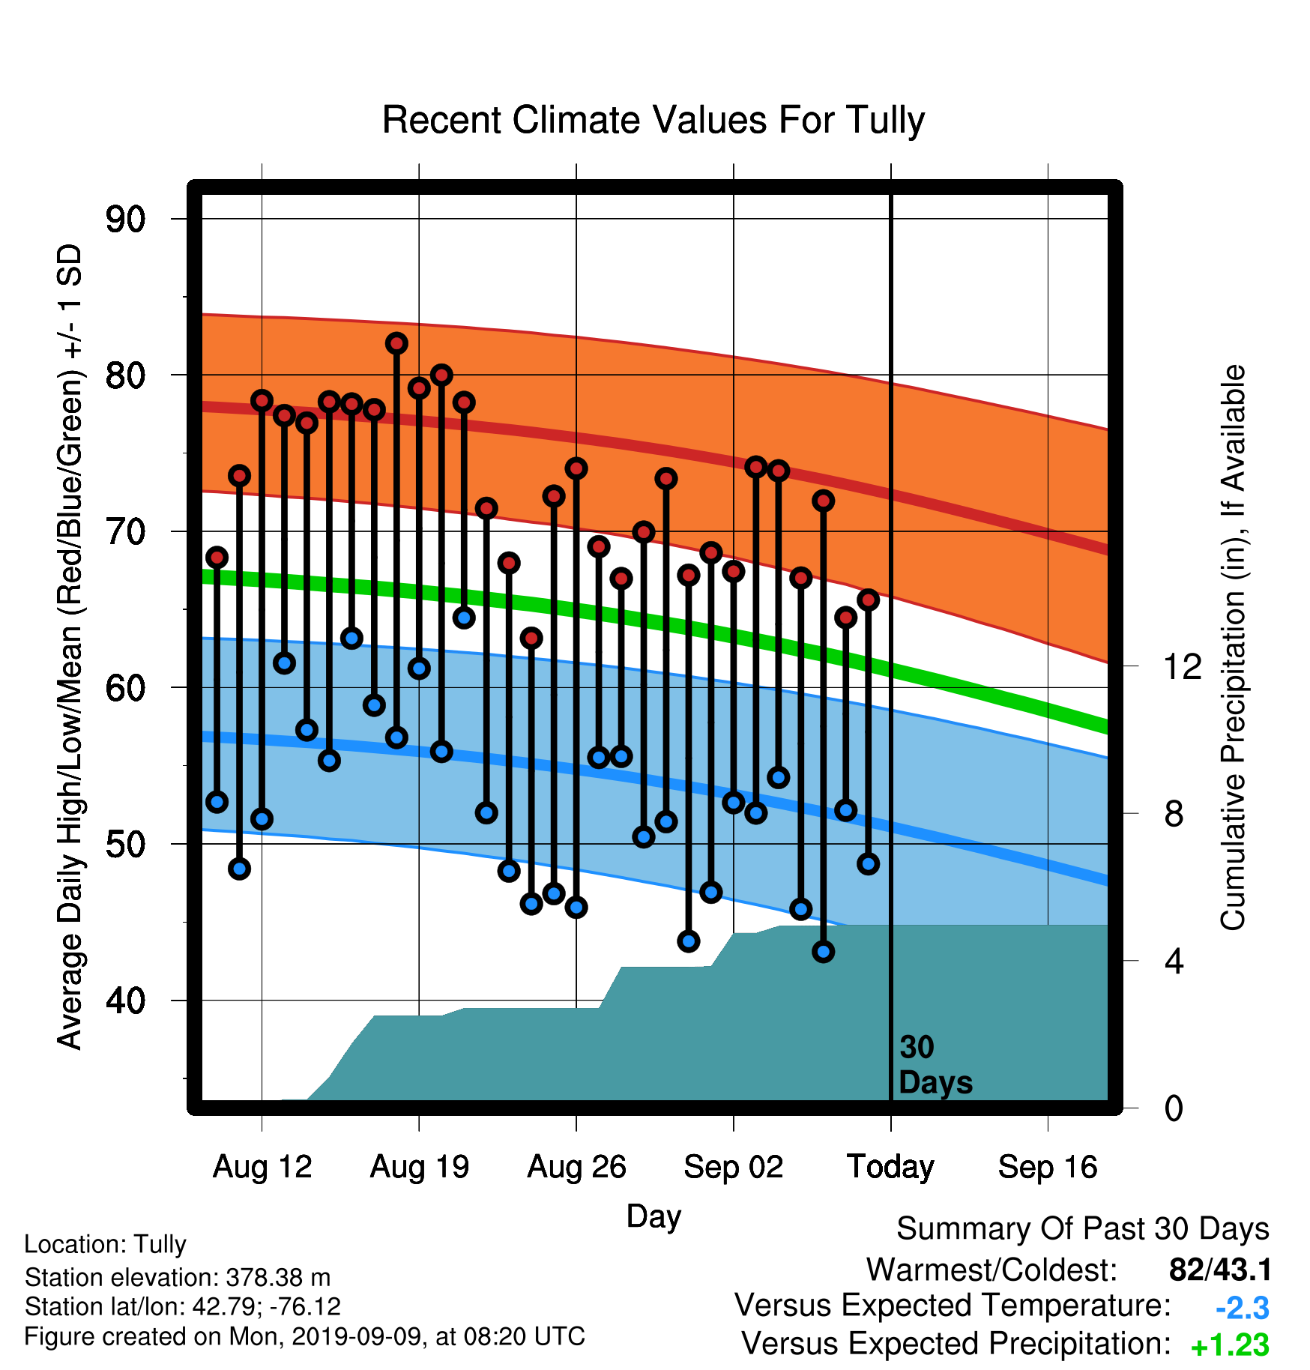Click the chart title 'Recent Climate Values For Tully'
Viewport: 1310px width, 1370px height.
tap(654, 121)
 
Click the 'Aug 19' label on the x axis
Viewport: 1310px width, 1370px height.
tap(420, 1167)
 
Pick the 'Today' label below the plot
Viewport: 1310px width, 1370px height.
tap(890, 1167)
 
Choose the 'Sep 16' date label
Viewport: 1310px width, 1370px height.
tap(1048, 1167)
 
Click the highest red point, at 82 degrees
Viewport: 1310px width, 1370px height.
tap(396, 343)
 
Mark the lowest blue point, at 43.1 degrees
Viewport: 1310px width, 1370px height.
tap(824, 952)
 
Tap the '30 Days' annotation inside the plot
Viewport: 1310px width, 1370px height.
tap(935, 1065)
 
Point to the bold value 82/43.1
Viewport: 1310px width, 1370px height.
tap(1220, 1270)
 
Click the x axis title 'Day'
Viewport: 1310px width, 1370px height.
tap(654, 1217)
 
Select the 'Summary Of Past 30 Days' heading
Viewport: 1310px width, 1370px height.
tap(1083, 1229)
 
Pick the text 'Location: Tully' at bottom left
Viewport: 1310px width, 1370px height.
tap(105, 1244)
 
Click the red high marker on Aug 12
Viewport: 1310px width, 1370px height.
tap(262, 400)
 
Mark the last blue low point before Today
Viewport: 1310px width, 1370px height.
tap(869, 864)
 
